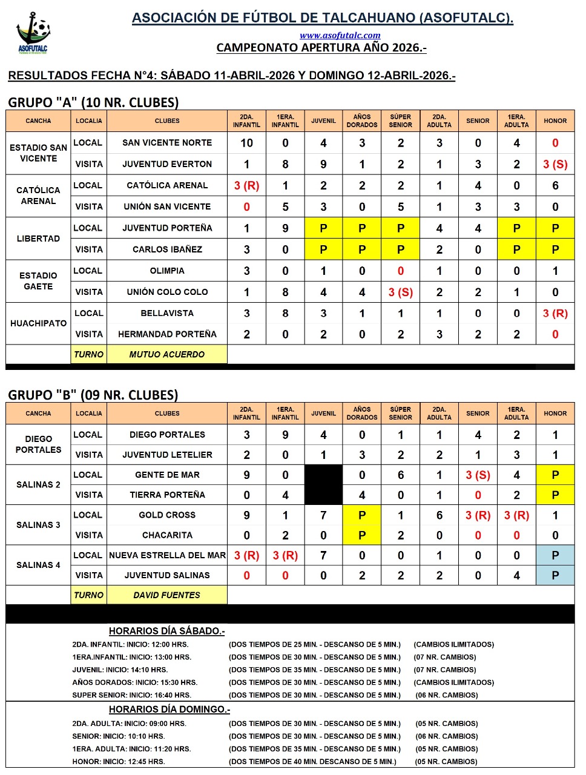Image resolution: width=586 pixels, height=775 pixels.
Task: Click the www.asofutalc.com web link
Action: (x=340, y=36)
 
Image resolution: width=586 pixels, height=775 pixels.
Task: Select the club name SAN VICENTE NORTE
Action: (x=167, y=143)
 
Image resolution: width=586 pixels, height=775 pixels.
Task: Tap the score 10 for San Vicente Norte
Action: (x=246, y=143)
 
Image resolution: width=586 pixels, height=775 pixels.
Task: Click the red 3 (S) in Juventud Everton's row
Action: (x=555, y=164)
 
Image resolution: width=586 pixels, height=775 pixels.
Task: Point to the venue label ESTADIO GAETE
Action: (x=38, y=281)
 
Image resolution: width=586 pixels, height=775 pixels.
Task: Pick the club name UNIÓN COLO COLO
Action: (x=167, y=292)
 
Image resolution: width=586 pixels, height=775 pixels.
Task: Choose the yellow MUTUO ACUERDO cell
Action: (x=167, y=355)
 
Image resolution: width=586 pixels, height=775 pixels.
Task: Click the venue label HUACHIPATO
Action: (x=38, y=323)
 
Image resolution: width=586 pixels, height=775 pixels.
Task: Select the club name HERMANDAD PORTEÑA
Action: (x=167, y=334)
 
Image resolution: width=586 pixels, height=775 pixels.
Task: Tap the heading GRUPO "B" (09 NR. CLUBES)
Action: (x=93, y=395)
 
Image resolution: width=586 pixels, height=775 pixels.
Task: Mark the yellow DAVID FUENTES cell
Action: (x=167, y=595)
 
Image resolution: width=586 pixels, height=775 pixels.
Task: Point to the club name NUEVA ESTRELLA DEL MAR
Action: (x=167, y=555)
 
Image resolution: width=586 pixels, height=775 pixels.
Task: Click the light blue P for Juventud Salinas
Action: (x=555, y=575)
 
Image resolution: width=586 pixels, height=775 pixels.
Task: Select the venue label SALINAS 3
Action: (x=38, y=525)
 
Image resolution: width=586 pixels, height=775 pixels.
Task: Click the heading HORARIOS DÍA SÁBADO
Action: (x=166, y=631)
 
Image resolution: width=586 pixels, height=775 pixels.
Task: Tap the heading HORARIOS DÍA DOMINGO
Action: (x=170, y=710)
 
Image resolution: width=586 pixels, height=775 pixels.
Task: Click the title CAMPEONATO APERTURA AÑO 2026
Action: (x=321, y=48)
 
